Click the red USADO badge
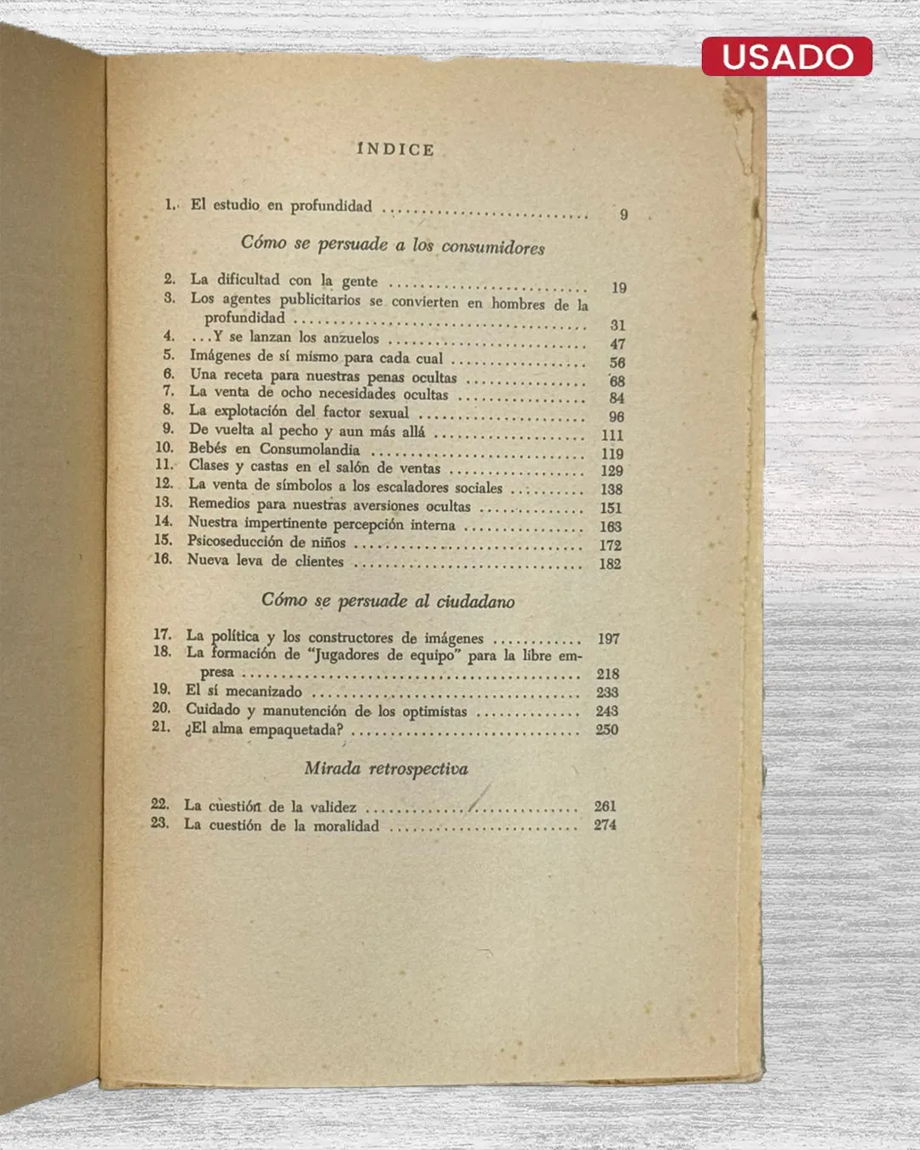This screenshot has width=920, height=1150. point(786,56)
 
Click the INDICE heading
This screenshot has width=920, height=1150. point(395,149)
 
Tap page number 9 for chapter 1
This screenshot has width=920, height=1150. point(624,214)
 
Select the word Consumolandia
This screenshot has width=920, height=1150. point(309,449)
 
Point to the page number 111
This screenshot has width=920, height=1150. point(612,435)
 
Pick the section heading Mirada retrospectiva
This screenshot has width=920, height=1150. point(386,768)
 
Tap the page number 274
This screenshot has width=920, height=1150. point(605,825)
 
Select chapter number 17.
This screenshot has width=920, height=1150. point(162,635)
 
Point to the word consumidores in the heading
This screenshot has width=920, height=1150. point(492,247)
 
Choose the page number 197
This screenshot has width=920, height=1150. point(608,638)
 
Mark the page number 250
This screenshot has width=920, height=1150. point(607,729)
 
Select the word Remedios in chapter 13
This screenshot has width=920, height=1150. point(219,503)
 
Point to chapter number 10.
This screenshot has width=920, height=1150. point(164,447)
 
